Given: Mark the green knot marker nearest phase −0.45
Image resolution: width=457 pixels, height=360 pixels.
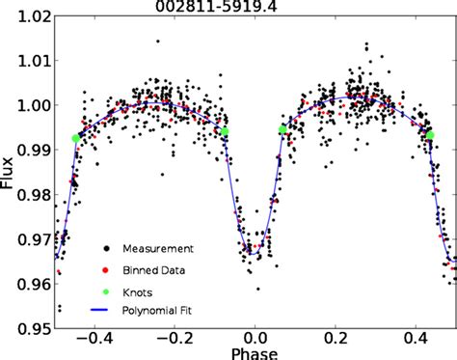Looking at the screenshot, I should tap(75, 139).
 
